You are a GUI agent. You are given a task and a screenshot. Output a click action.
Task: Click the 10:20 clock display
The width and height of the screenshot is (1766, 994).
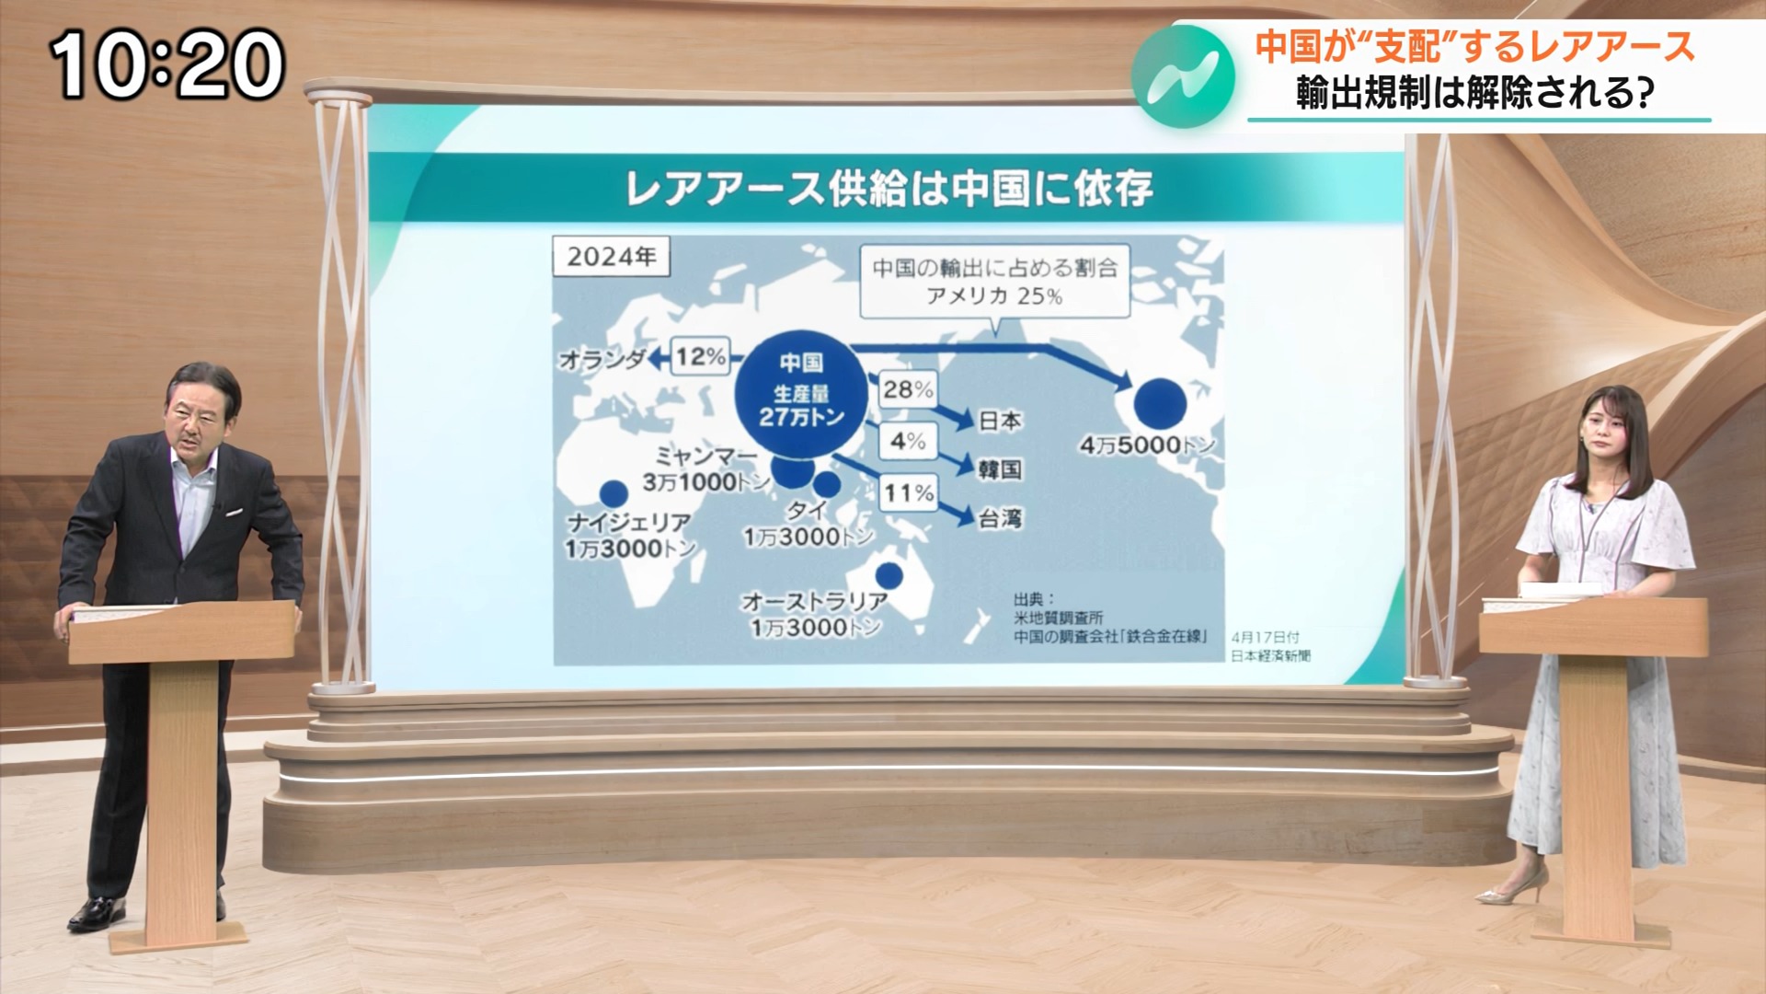point(166,64)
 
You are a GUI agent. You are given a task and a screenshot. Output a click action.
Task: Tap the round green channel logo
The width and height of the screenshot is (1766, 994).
point(1184,77)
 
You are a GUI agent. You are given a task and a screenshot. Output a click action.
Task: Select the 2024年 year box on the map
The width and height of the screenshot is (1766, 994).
point(611,256)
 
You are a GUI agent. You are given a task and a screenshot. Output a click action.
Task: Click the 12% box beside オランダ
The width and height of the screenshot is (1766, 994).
point(701,356)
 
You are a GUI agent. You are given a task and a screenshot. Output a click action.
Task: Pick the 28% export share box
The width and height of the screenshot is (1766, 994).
point(908,389)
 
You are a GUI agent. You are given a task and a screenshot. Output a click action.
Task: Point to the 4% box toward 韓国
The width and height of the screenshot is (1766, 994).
point(908,441)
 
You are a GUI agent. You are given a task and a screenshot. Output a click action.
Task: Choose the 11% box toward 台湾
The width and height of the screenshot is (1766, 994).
point(908,493)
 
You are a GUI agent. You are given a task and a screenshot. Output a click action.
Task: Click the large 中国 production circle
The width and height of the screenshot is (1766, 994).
point(801,392)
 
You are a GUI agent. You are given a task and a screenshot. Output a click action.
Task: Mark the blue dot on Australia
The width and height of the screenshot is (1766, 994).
point(889,575)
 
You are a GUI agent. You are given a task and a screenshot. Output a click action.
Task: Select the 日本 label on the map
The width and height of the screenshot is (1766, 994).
point(999,421)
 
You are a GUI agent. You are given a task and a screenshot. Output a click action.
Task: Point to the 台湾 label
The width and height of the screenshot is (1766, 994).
point(999,519)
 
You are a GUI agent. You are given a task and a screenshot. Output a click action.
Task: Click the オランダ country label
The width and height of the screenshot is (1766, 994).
point(602,359)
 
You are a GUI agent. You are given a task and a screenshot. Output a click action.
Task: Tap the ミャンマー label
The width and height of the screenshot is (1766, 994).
point(706,456)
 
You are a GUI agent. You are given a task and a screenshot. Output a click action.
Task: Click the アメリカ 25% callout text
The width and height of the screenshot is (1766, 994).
point(994,295)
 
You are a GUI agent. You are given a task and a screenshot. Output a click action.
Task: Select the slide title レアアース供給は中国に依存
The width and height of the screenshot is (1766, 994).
point(889,188)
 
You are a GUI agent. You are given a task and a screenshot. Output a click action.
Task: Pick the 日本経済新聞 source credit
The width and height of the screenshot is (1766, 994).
point(1270,655)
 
